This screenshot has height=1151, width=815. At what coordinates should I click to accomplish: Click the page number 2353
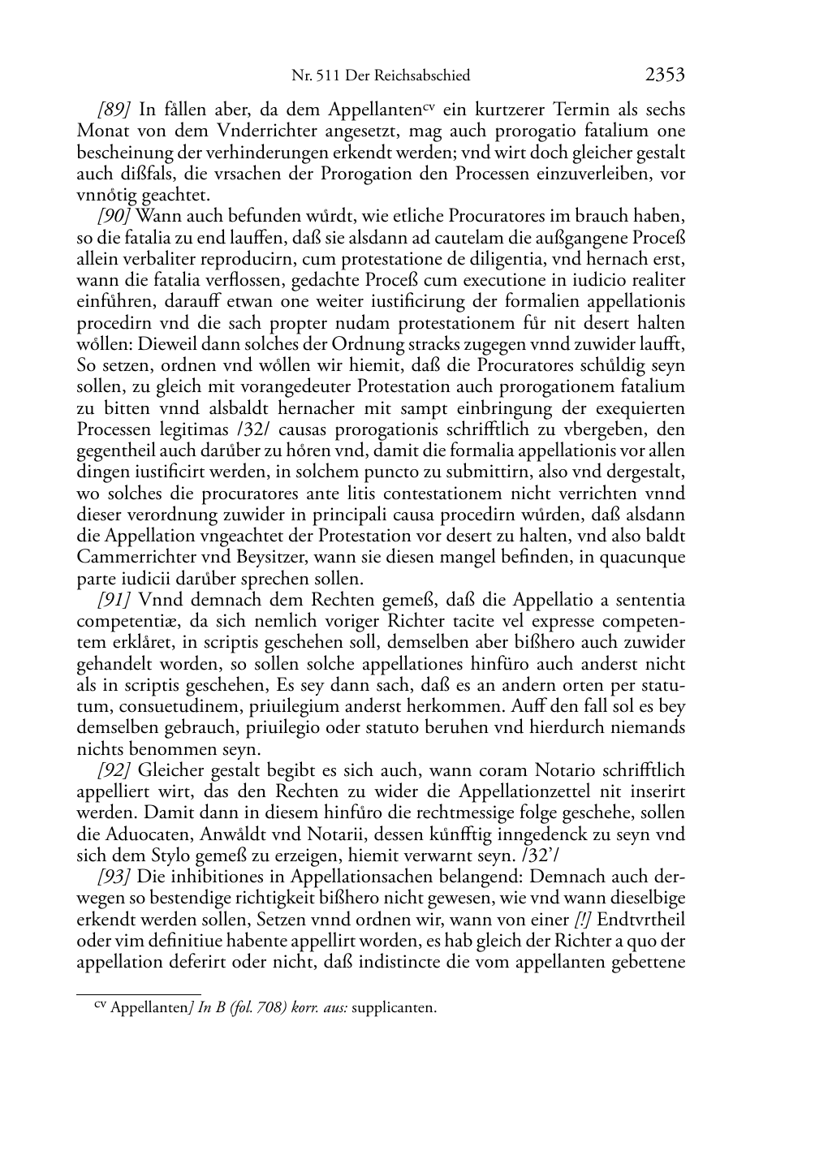point(665,75)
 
